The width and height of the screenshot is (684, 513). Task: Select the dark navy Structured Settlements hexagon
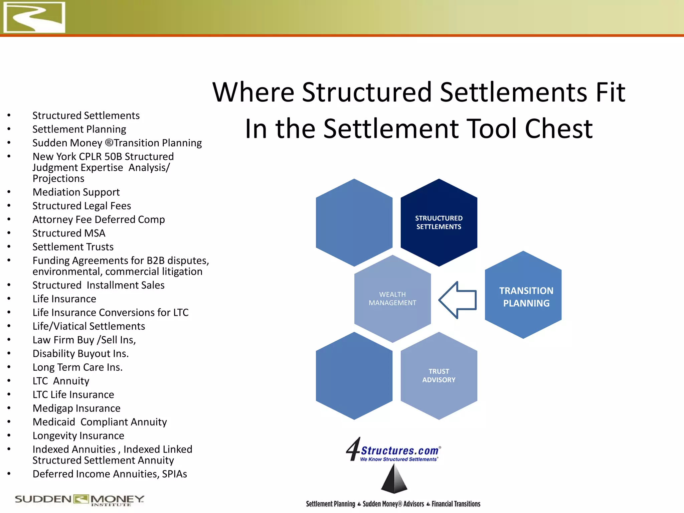click(x=439, y=222)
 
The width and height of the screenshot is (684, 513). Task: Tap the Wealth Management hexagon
click(x=392, y=299)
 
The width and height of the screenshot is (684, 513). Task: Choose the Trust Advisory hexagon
click(x=439, y=375)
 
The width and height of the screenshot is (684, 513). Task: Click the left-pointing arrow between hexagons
click(x=458, y=300)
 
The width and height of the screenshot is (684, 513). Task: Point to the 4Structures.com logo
click(x=393, y=450)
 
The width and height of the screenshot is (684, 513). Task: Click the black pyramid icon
click(x=394, y=479)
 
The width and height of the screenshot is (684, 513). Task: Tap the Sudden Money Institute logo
click(x=79, y=500)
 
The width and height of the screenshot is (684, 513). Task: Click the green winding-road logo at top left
click(x=34, y=17)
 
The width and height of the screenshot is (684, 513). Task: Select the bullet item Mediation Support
click(x=76, y=192)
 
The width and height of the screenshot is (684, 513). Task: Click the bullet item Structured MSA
click(x=69, y=233)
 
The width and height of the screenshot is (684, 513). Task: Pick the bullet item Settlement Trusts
click(x=73, y=247)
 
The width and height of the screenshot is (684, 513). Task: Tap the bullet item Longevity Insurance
click(x=78, y=436)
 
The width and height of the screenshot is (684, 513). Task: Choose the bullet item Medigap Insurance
click(x=76, y=408)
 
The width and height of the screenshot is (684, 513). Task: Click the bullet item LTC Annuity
click(x=61, y=381)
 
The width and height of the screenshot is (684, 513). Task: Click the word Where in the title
click(x=253, y=92)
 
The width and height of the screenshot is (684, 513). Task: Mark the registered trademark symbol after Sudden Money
click(x=109, y=143)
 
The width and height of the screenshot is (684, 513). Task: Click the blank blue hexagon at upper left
click(x=354, y=222)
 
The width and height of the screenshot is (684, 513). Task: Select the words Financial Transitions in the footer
click(x=456, y=504)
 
